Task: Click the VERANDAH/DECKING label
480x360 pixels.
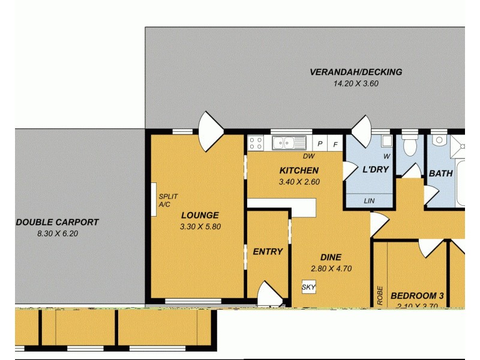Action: click(x=355, y=73)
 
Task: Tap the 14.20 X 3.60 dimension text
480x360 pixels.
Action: click(x=355, y=84)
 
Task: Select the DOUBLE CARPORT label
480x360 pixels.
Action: click(x=57, y=222)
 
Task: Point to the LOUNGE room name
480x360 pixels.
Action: click(x=200, y=215)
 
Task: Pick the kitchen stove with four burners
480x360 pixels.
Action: click(x=255, y=143)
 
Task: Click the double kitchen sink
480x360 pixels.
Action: click(x=289, y=143)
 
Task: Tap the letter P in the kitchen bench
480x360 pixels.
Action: click(x=320, y=144)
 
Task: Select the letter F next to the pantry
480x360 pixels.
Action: click(x=335, y=144)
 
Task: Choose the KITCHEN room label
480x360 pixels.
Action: click(x=298, y=170)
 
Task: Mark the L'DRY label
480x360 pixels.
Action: click(x=376, y=170)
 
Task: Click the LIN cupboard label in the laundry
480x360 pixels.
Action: click(x=368, y=201)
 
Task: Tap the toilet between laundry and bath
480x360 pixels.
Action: click(x=410, y=146)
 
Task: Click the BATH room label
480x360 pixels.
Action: click(x=440, y=174)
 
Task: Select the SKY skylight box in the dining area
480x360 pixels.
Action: click(x=308, y=287)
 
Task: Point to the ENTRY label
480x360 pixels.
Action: click(x=268, y=251)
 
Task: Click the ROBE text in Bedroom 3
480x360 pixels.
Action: click(x=380, y=295)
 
